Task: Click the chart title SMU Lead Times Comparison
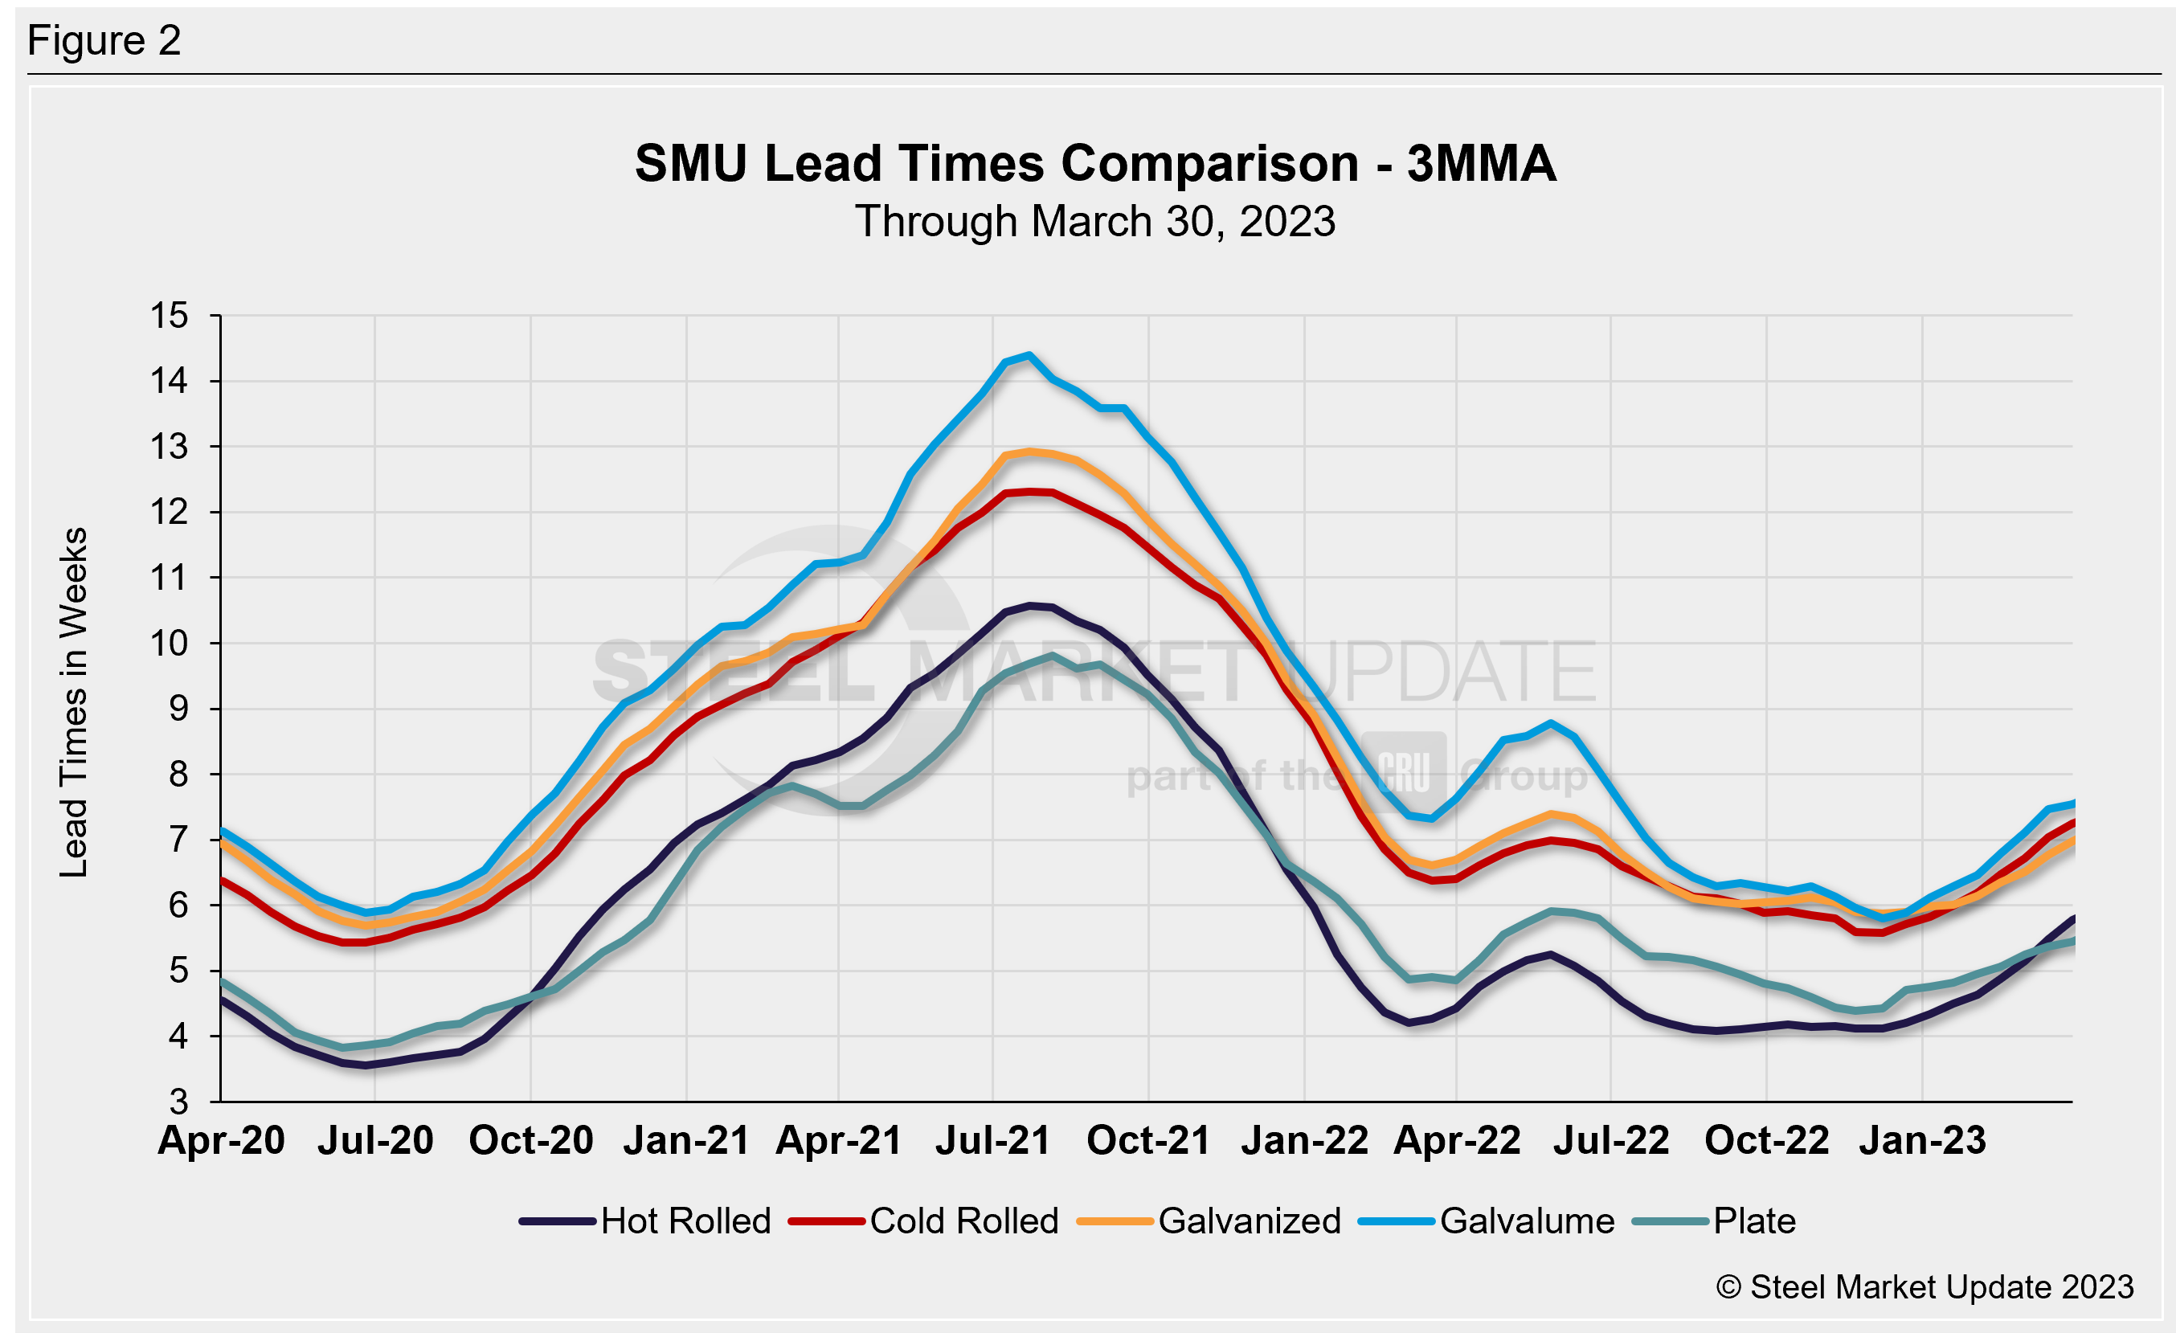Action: [x=1095, y=164]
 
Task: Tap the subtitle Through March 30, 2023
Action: [x=1095, y=222]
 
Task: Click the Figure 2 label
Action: [x=104, y=41]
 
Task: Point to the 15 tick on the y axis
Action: [x=169, y=315]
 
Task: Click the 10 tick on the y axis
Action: [x=169, y=644]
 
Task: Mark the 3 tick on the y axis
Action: [x=179, y=1102]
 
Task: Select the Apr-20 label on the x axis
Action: [x=221, y=1140]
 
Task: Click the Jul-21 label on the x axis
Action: [x=993, y=1140]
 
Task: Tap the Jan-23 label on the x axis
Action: [x=1923, y=1140]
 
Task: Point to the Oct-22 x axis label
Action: [x=1766, y=1140]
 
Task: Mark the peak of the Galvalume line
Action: [x=1029, y=355]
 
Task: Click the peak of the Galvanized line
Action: [x=1029, y=452]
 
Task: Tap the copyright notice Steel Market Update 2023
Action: [x=1925, y=1287]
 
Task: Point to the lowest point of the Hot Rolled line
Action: [x=365, y=1065]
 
